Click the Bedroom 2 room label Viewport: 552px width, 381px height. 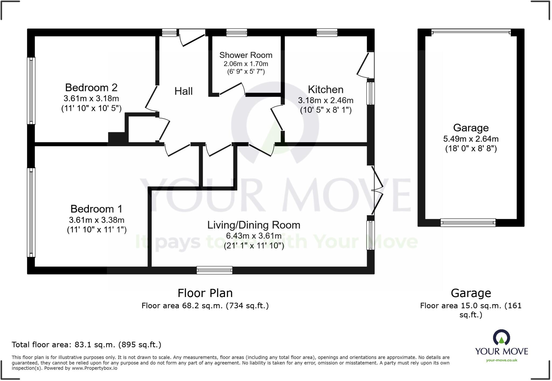91,88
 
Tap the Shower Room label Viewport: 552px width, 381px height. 246,55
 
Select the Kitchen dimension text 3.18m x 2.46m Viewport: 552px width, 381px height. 326,100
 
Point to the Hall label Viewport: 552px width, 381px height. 184,91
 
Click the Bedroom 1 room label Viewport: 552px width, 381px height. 96,209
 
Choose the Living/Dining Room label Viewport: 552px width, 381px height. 254,225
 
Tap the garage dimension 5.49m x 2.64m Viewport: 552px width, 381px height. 471,139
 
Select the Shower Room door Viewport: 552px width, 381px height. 232,89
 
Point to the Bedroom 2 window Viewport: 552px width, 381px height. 31,91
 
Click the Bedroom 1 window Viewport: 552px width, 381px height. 31,212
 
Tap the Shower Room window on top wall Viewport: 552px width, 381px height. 236,33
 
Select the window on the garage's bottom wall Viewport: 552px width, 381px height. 468,222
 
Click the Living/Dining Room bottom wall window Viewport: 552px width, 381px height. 214,270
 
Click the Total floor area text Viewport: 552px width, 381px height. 86,345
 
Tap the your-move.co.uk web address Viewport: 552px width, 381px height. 501,360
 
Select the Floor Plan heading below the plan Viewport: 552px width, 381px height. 205,293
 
